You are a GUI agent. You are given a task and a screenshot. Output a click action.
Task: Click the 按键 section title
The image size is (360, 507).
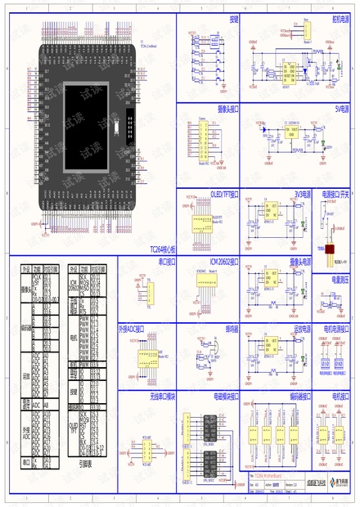(235, 17)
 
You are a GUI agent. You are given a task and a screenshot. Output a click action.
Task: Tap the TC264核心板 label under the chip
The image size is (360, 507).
(160, 249)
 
